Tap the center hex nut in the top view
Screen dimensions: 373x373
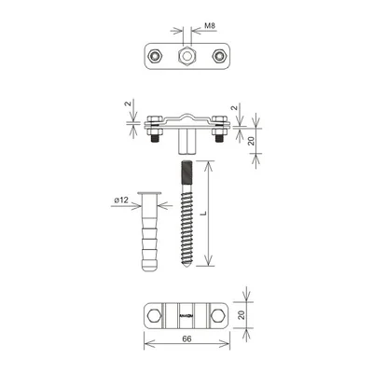click(186, 57)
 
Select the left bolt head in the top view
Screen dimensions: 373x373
click(154, 57)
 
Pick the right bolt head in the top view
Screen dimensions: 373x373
click(219, 57)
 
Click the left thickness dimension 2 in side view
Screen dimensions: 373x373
click(129, 105)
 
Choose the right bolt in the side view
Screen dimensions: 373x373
click(220, 129)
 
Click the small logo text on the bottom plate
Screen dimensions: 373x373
click(186, 315)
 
